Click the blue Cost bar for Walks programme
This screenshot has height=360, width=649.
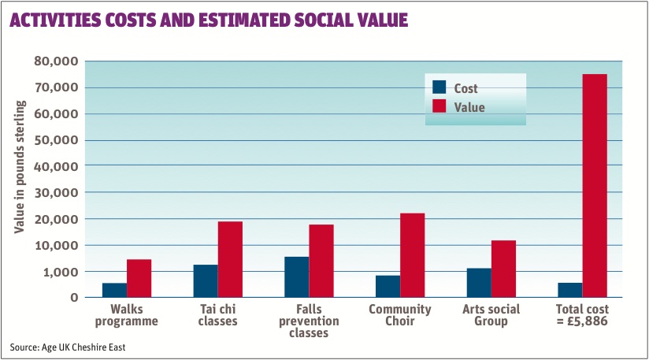click(114, 290)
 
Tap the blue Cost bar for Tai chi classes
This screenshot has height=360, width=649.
click(206, 281)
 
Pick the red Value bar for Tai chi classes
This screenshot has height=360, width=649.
click(230, 259)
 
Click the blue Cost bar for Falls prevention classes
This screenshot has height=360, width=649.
click(297, 277)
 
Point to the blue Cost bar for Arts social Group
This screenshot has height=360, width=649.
click(479, 283)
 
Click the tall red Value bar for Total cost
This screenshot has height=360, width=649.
click(595, 186)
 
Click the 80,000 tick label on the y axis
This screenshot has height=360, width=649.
click(56, 61)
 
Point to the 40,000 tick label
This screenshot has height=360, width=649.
click(56, 166)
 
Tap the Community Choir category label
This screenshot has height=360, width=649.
click(400, 315)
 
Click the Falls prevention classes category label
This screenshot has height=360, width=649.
click(309, 321)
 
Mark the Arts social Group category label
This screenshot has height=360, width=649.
click(491, 315)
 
